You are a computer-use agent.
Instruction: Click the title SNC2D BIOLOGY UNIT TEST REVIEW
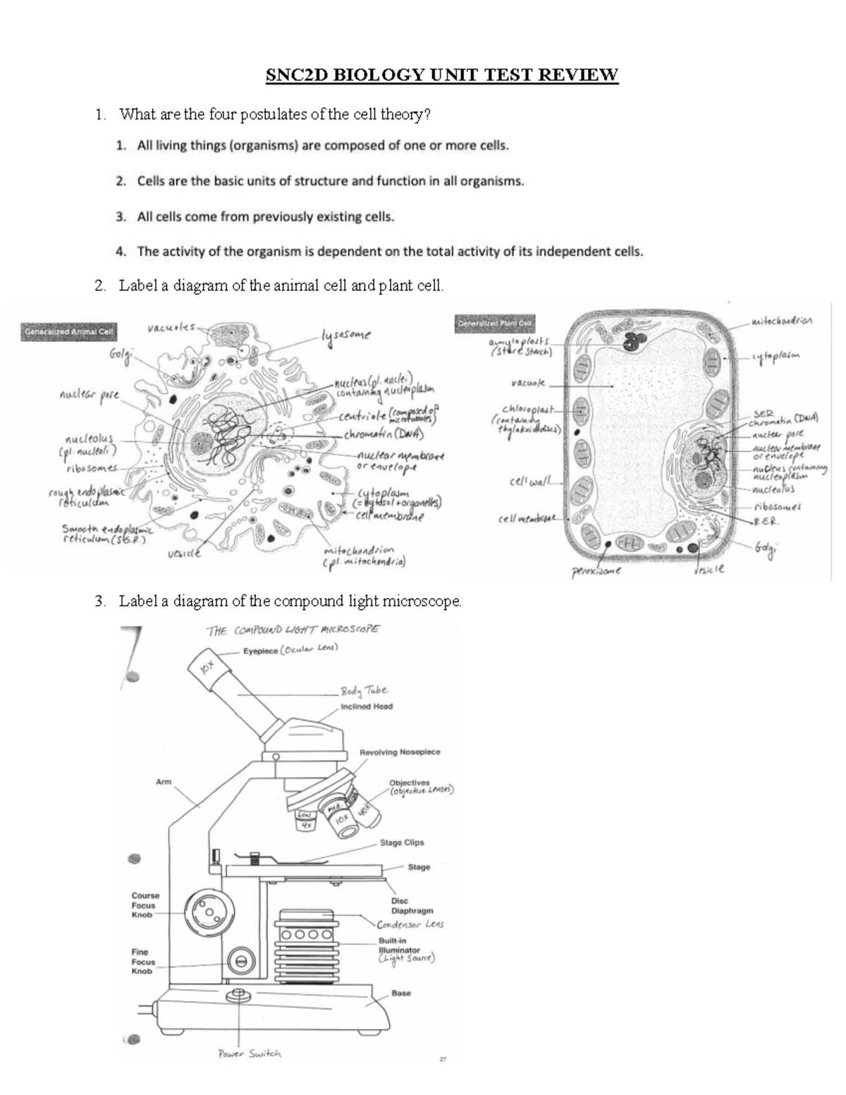[x=441, y=75]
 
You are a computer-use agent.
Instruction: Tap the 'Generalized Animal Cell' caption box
[x=69, y=331]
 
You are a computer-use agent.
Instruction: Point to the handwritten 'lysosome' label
[x=345, y=336]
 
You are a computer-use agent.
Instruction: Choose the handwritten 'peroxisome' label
[x=596, y=572]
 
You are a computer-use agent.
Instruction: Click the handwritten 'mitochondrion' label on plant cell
[x=782, y=322]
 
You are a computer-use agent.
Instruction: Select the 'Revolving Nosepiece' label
[x=400, y=752]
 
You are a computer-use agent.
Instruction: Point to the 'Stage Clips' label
[x=402, y=843]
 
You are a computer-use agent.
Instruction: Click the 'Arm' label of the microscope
[x=164, y=781]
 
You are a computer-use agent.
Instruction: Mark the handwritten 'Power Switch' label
[x=250, y=1053]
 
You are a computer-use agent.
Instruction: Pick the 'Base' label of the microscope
[x=401, y=993]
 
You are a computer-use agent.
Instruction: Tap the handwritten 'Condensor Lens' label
[x=410, y=924]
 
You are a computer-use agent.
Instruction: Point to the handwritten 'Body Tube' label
[x=364, y=691]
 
